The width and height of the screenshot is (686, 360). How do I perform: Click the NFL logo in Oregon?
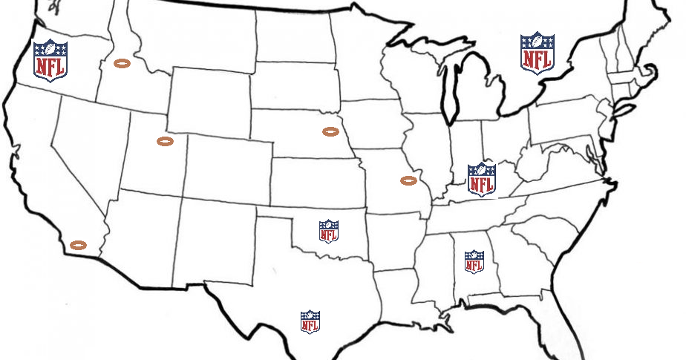point(50,59)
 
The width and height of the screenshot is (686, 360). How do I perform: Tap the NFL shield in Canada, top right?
point(537,52)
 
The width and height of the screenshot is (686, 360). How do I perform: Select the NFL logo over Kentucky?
point(481,179)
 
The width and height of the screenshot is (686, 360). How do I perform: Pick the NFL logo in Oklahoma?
point(329,231)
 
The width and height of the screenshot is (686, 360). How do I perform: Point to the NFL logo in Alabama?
point(474,261)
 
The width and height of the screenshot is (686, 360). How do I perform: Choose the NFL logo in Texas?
point(310,322)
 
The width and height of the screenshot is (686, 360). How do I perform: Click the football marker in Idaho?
point(122,64)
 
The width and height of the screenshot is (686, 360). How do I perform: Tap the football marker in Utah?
point(166,141)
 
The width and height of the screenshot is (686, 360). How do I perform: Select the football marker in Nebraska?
point(330,131)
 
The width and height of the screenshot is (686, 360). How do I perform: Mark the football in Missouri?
point(408,180)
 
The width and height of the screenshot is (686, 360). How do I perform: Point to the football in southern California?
point(77,244)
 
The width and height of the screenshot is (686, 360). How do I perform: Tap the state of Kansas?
point(316,178)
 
